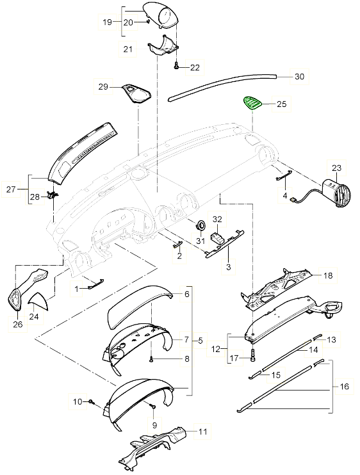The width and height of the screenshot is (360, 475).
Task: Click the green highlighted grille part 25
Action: (251, 103)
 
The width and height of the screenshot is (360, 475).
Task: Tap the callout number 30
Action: (299, 76)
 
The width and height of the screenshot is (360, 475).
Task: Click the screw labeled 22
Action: (176, 65)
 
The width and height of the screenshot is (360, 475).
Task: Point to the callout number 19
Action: (108, 22)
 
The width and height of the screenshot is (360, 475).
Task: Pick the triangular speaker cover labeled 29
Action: (136, 93)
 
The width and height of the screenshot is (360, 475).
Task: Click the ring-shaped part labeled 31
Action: (199, 225)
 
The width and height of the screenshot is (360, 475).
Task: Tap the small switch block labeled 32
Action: (218, 237)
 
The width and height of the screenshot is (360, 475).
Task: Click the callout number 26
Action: (17, 325)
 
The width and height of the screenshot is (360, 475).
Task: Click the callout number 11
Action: (202, 432)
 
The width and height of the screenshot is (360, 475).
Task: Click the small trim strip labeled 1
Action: (95, 286)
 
